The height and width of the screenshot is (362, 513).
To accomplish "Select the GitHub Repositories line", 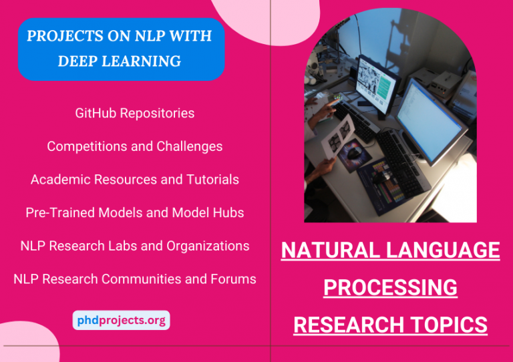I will click(135, 114).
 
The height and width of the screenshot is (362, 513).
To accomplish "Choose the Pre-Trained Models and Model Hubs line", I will click(135, 213).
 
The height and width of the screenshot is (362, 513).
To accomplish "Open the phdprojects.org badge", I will click(121, 321).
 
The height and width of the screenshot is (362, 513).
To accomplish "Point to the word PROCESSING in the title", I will click(391, 288).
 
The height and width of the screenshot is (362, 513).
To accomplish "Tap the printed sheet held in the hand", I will click(337, 140).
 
